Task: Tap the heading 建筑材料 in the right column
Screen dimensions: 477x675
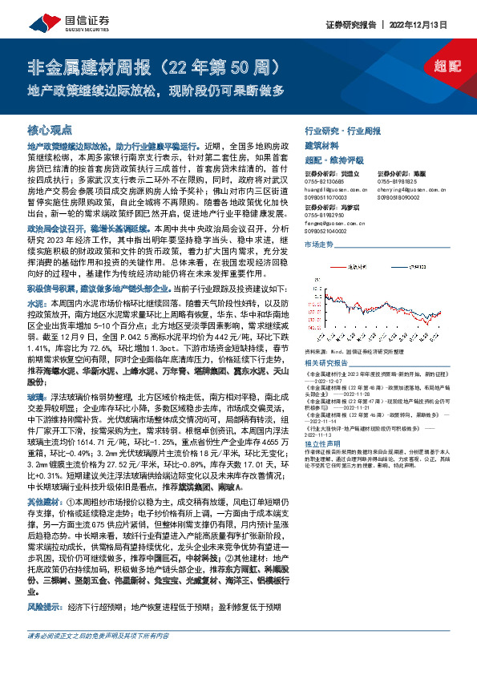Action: pyautogui.click(x=321, y=144)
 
